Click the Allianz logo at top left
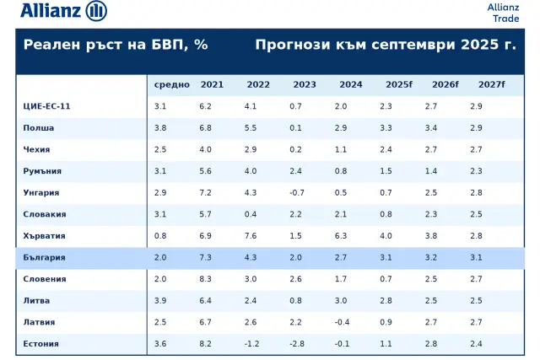(x=63, y=11)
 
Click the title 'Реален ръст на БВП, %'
(x=116, y=45)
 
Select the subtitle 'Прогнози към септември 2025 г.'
(x=386, y=45)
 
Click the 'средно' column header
(x=171, y=85)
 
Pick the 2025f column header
(x=399, y=85)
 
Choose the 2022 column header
(x=258, y=85)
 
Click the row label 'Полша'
(x=39, y=128)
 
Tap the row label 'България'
(x=45, y=257)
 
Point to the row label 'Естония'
(x=42, y=344)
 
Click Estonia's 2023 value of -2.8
(x=296, y=344)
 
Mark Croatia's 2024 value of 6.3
(x=341, y=236)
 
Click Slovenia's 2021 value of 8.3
(x=206, y=279)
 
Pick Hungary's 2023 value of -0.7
(x=296, y=193)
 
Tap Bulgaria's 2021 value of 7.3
(x=206, y=257)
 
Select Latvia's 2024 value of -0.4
(x=341, y=322)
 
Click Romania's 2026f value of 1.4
(x=431, y=171)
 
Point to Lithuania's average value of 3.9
(x=160, y=301)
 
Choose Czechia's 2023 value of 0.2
(x=295, y=150)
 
